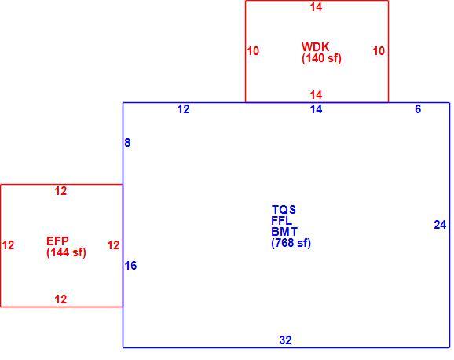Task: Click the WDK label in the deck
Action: [x=315, y=47]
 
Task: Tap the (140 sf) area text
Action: [x=321, y=58]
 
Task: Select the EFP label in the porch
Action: [x=57, y=241]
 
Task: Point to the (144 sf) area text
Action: [x=66, y=252]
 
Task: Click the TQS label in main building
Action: [x=284, y=210]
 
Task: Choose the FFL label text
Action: [x=282, y=221]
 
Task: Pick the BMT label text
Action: [x=284, y=232]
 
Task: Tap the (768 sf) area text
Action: [x=291, y=243]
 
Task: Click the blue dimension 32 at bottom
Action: [x=285, y=340]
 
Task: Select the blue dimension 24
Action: [x=440, y=225]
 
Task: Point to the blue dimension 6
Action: [x=418, y=109]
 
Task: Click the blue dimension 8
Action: [x=127, y=143]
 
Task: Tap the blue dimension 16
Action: [x=130, y=266]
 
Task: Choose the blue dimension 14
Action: [x=316, y=109]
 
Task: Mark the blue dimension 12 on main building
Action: [x=183, y=109]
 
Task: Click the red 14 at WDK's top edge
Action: [x=316, y=7]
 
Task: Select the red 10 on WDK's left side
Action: [x=253, y=51]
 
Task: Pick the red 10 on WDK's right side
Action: [x=379, y=51]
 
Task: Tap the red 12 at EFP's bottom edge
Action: [x=60, y=299]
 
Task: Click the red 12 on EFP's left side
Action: [x=8, y=245]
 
